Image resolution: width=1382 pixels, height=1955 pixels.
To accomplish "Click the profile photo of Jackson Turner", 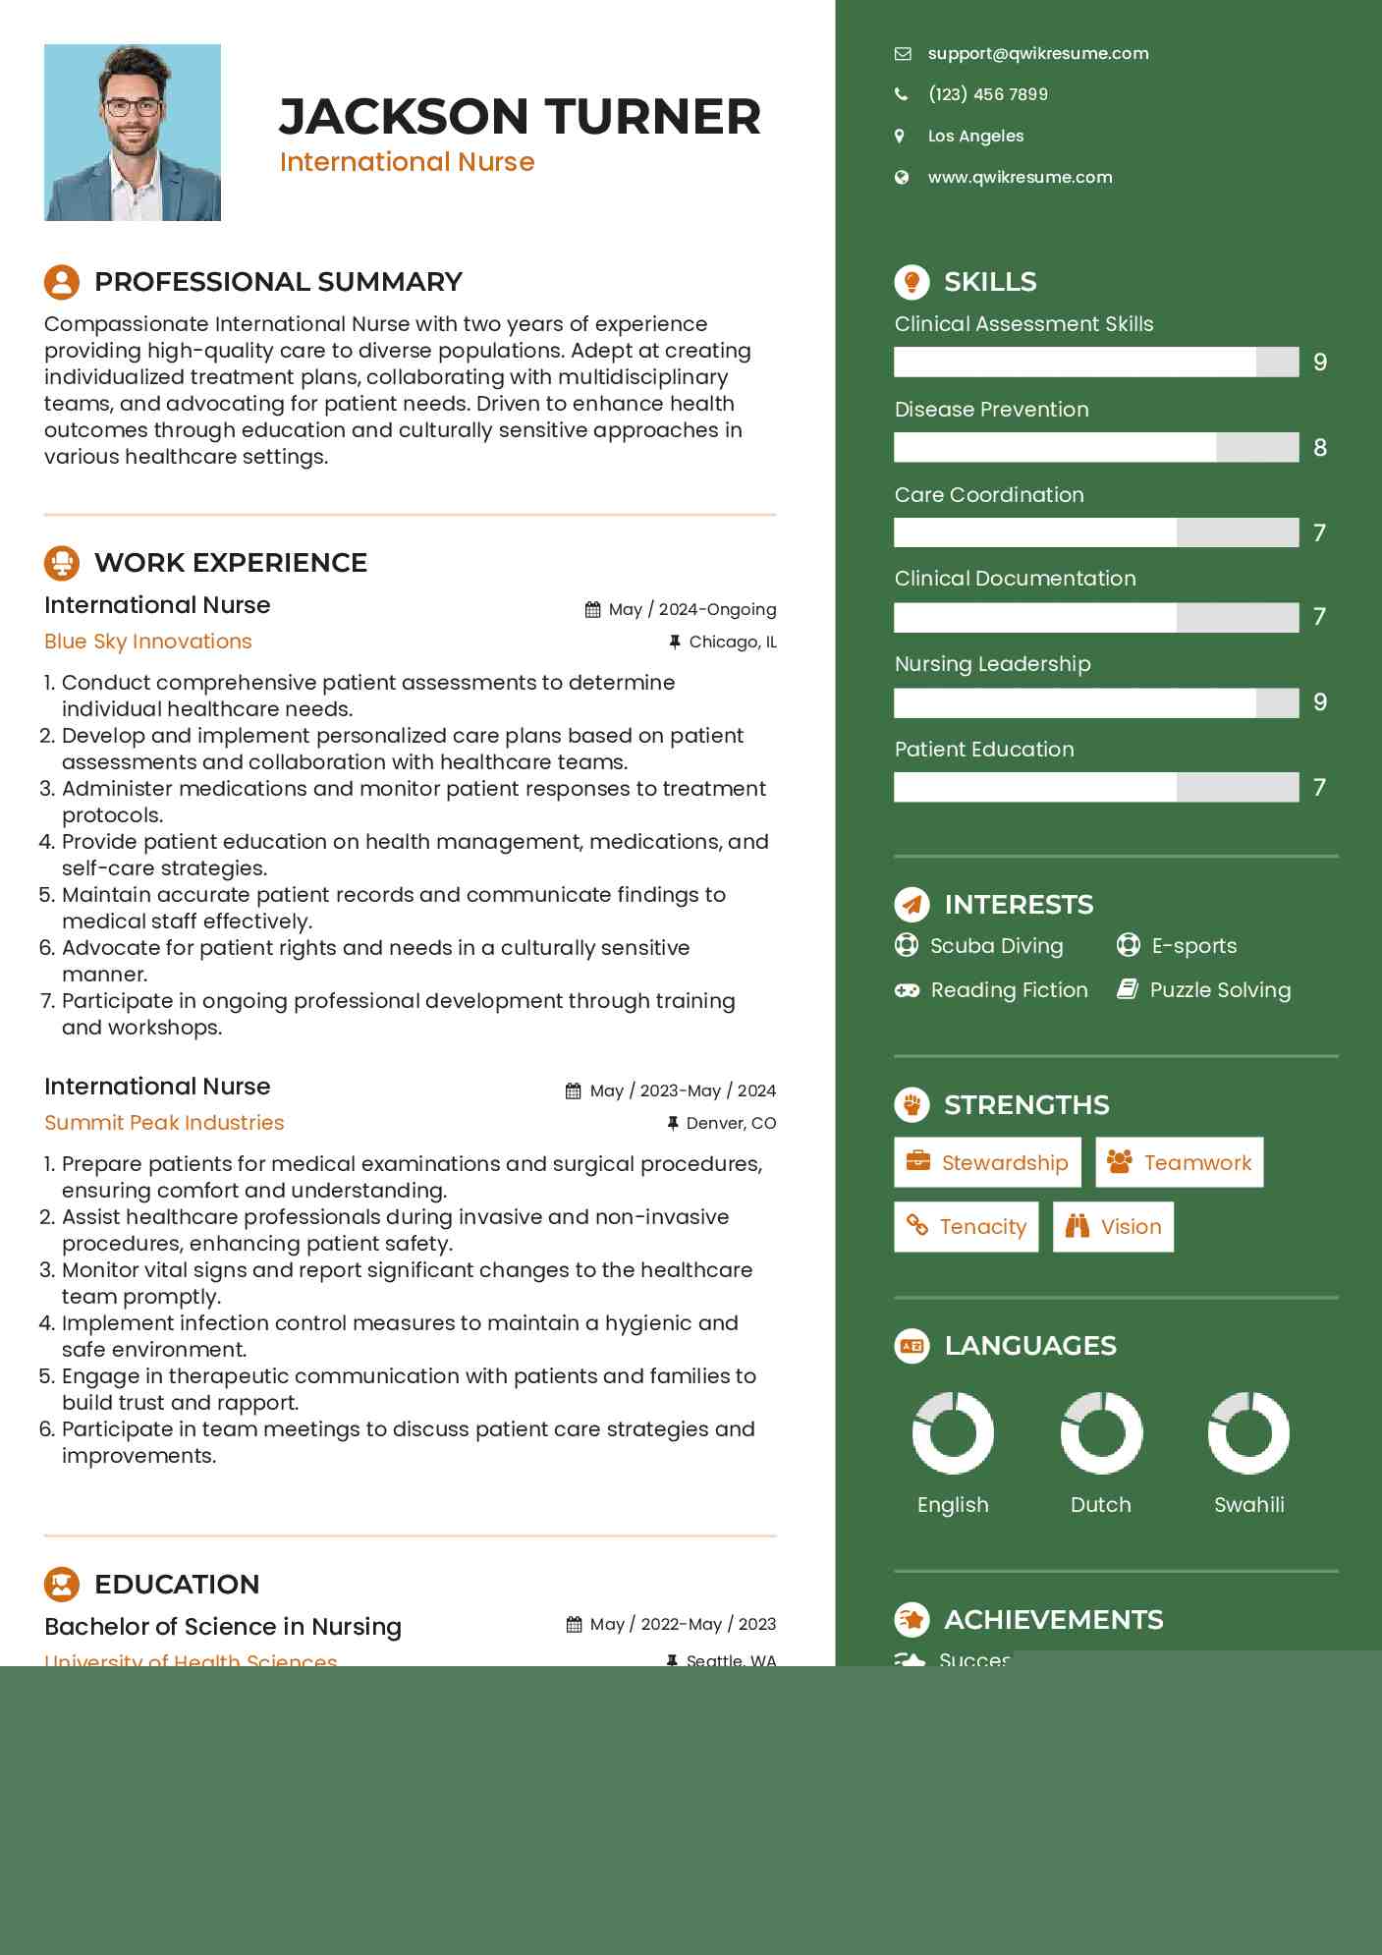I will [x=133, y=133].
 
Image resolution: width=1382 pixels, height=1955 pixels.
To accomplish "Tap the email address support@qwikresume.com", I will [x=1037, y=54].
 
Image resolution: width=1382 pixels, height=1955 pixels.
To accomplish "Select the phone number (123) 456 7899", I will [x=987, y=94].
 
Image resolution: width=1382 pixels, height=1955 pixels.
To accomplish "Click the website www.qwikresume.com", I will [x=1020, y=178].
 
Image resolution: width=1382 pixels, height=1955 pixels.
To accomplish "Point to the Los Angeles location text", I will [x=975, y=137].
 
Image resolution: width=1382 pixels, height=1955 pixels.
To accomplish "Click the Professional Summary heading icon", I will [x=62, y=282].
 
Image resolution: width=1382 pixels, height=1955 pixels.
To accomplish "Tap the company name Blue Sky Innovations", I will [x=148, y=642].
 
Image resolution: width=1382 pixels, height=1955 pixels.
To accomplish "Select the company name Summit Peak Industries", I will [x=164, y=1123].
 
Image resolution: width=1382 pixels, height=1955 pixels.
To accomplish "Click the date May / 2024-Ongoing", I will [x=691, y=610].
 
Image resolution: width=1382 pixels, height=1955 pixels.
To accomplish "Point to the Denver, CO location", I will [x=730, y=1123].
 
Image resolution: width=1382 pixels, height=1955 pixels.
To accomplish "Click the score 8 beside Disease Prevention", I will [x=1320, y=448].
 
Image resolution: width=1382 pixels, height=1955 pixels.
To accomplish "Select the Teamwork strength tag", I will [x=1179, y=1163].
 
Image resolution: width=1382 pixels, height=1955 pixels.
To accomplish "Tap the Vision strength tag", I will [x=1113, y=1227].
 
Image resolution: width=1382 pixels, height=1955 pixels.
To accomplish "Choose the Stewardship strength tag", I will [x=987, y=1163].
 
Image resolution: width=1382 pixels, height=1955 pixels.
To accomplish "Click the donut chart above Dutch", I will [x=1101, y=1433].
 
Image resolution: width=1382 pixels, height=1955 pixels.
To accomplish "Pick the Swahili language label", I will [x=1248, y=1505].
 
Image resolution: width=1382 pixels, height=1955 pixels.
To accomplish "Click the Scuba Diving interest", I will [x=996, y=946].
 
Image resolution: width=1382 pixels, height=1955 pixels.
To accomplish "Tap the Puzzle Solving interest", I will [x=1219, y=990].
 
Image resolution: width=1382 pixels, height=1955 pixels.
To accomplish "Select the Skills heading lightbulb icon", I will [x=912, y=282].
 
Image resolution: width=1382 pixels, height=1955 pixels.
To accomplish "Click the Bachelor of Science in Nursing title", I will [x=223, y=1627].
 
